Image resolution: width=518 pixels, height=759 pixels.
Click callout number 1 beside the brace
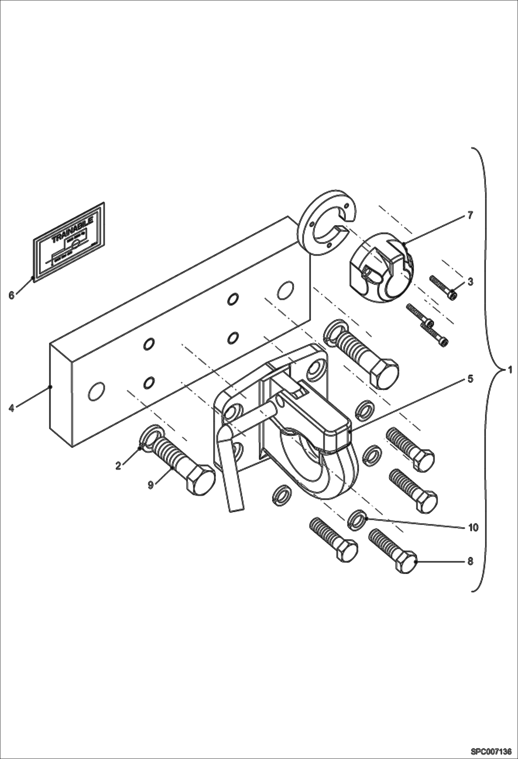pyautogui.click(x=509, y=370)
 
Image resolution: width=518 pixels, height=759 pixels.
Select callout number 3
pyautogui.click(x=470, y=281)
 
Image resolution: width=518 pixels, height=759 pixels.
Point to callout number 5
pyautogui.click(x=470, y=379)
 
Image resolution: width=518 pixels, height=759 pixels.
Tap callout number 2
pyautogui.click(x=118, y=466)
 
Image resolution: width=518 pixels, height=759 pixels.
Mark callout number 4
pyautogui.click(x=12, y=409)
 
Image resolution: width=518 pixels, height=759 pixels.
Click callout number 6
pyautogui.click(x=12, y=295)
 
